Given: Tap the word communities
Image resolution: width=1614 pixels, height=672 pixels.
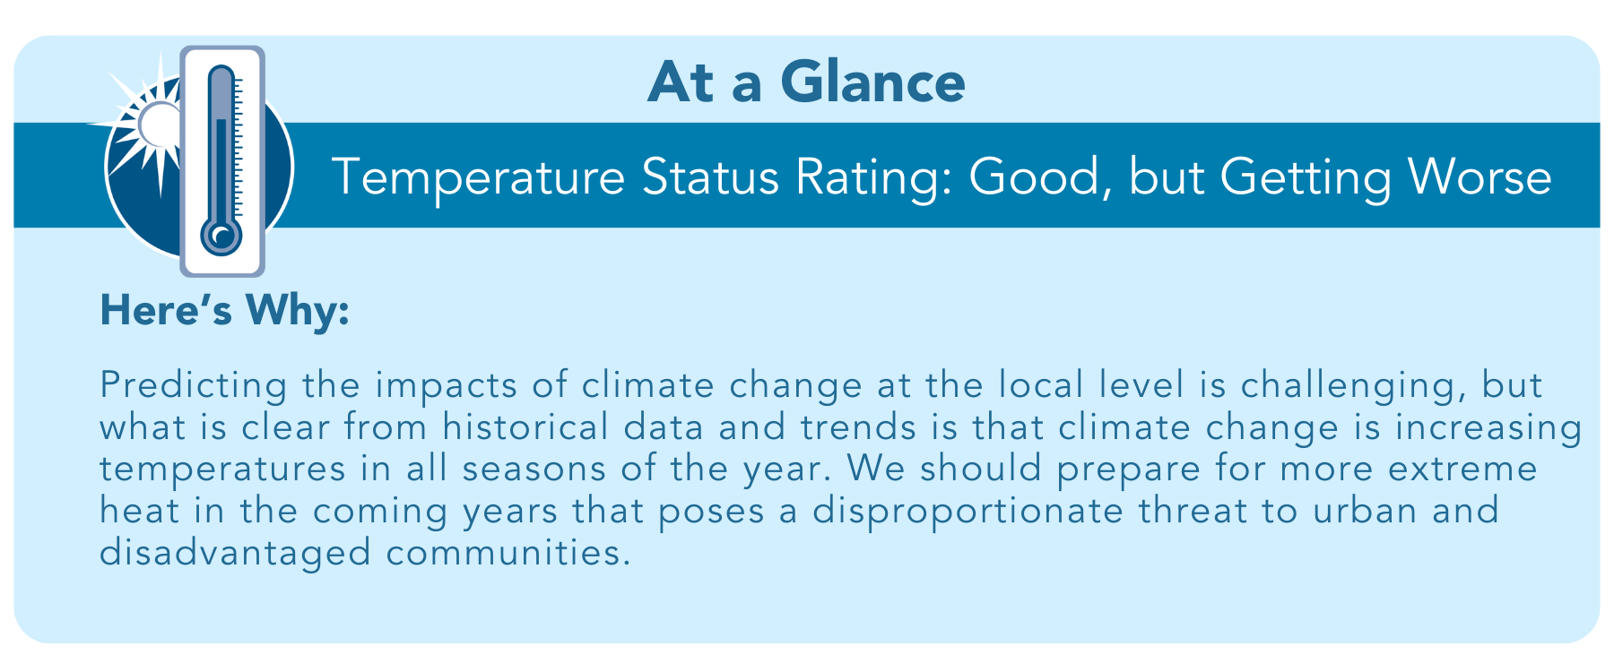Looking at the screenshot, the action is pyautogui.click(x=504, y=552).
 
